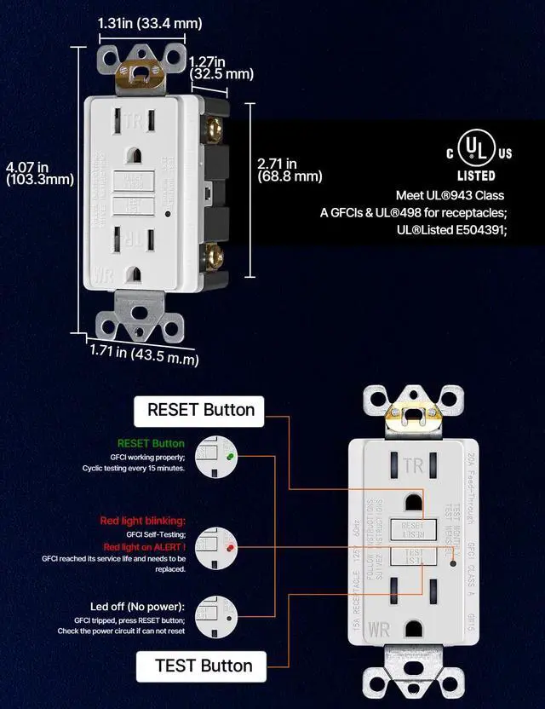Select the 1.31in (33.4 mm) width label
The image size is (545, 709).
point(150,23)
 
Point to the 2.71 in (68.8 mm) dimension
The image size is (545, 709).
point(290,170)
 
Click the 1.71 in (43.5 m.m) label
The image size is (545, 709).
point(144,354)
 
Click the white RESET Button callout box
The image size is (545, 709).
point(200,410)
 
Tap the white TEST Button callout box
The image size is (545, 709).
point(203,666)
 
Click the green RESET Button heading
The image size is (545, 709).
point(150,443)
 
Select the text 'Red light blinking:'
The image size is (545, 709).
point(143,521)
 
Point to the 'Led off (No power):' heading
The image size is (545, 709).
point(134,606)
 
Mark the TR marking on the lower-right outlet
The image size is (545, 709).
point(413,465)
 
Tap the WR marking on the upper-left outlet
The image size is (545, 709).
point(104,277)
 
